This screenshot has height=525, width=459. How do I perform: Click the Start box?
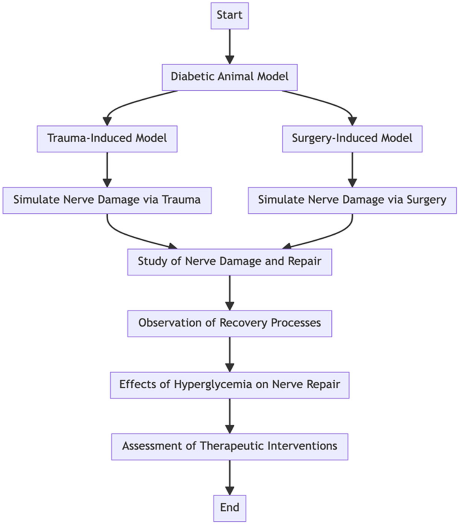click(x=229, y=16)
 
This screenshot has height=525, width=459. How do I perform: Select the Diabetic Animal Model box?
click(x=229, y=77)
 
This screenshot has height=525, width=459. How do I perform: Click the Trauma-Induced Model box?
click(x=107, y=139)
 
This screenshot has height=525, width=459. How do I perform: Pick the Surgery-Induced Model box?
click(x=352, y=139)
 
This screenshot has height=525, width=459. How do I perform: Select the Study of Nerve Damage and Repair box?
click(x=229, y=262)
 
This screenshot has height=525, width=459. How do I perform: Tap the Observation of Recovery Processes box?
click(x=229, y=323)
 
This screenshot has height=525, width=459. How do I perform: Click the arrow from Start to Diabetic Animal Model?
click(x=229, y=46)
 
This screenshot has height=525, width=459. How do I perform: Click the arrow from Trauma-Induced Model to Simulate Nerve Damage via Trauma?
click(x=107, y=169)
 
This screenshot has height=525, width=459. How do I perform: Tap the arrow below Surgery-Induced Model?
click(x=352, y=169)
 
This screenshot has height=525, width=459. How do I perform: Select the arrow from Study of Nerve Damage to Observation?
click(x=229, y=292)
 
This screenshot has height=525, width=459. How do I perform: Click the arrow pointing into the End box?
click(x=229, y=477)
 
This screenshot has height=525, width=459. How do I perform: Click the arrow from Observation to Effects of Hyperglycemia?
click(x=229, y=354)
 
